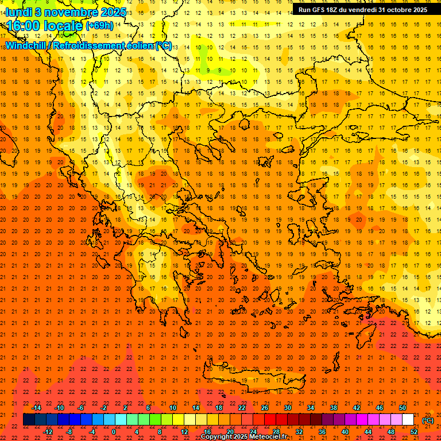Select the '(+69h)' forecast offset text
click(99, 26)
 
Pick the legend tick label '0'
click(113, 432)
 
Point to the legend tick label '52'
click(413, 432)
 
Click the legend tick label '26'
click(264, 408)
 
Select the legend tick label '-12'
click(48, 432)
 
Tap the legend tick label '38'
click(333, 408)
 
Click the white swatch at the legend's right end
click(408, 420)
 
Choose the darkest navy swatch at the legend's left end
click(29, 420)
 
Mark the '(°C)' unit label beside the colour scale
click(428, 420)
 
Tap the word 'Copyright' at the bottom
click(216, 437)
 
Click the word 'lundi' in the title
click(18, 11)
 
